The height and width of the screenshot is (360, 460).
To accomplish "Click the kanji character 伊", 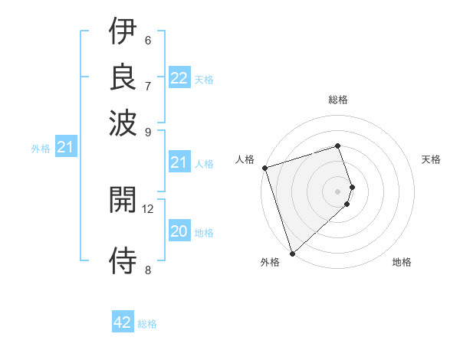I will point(123,32).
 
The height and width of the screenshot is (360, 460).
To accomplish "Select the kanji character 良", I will point(123,77).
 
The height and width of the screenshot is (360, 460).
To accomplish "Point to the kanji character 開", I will point(123,201).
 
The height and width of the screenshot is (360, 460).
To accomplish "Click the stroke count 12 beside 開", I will point(148,208).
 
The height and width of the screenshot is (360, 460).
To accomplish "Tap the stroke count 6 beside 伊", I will point(148,40).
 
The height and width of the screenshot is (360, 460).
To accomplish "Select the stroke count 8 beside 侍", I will point(148,269).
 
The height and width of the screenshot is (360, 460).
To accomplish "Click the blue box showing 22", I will point(179,78).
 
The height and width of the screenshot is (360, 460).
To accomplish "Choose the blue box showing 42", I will point(123,322).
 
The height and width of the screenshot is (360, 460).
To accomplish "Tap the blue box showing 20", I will point(179,232).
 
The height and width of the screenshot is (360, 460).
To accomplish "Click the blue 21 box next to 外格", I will point(65,148).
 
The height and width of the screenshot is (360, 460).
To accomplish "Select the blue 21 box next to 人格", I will point(179,162).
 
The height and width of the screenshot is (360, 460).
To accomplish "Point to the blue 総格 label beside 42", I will point(147,324).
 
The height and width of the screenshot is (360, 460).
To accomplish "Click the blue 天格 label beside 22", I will point(204,79).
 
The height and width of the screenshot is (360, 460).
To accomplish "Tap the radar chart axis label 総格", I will point(337,100).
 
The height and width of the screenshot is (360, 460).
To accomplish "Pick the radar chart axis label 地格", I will point(402,263).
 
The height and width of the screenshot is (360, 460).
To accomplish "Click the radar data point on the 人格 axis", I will point(264,168).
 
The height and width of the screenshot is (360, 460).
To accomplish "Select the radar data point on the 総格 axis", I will point(337,146).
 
